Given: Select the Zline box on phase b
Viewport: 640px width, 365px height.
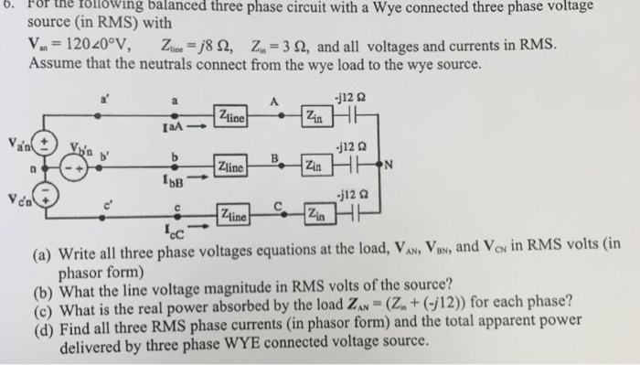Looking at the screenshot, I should click(x=232, y=166).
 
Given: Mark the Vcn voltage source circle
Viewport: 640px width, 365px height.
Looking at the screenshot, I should click(x=41, y=198).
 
